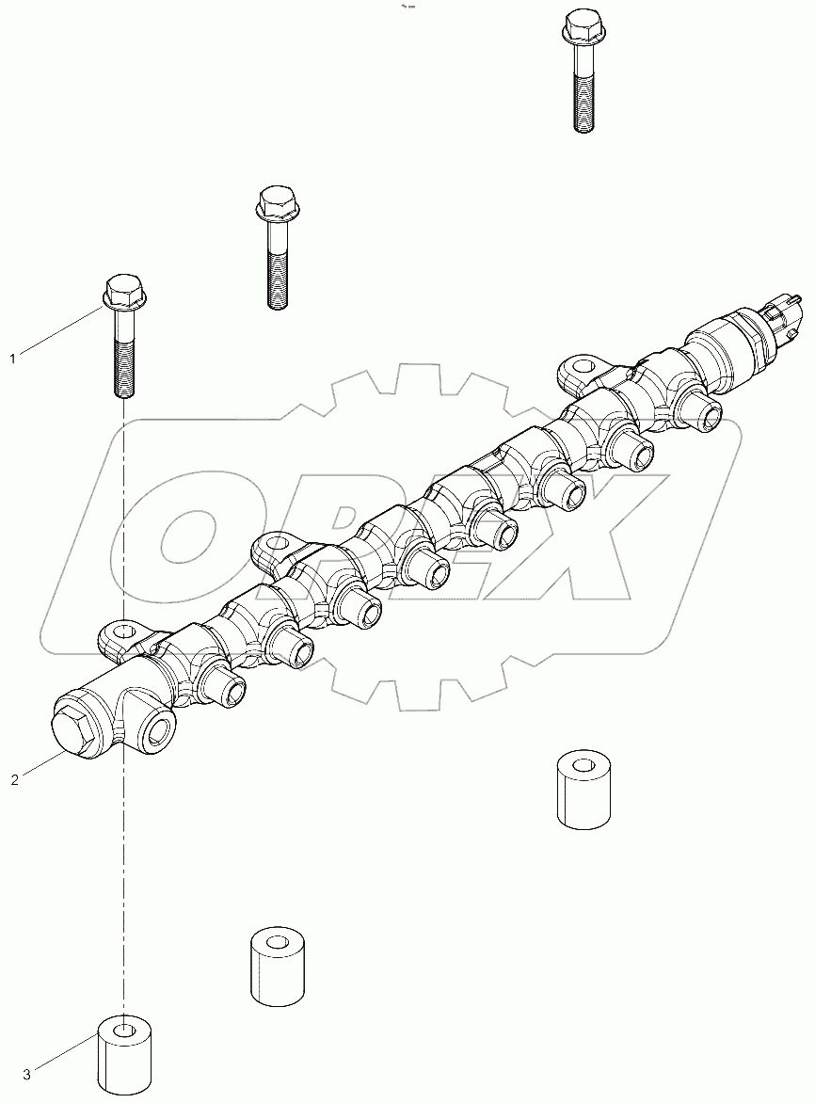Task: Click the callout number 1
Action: [12, 358]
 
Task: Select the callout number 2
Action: [12, 780]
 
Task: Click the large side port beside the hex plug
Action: [159, 730]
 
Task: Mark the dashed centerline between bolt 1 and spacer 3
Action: [123, 847]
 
